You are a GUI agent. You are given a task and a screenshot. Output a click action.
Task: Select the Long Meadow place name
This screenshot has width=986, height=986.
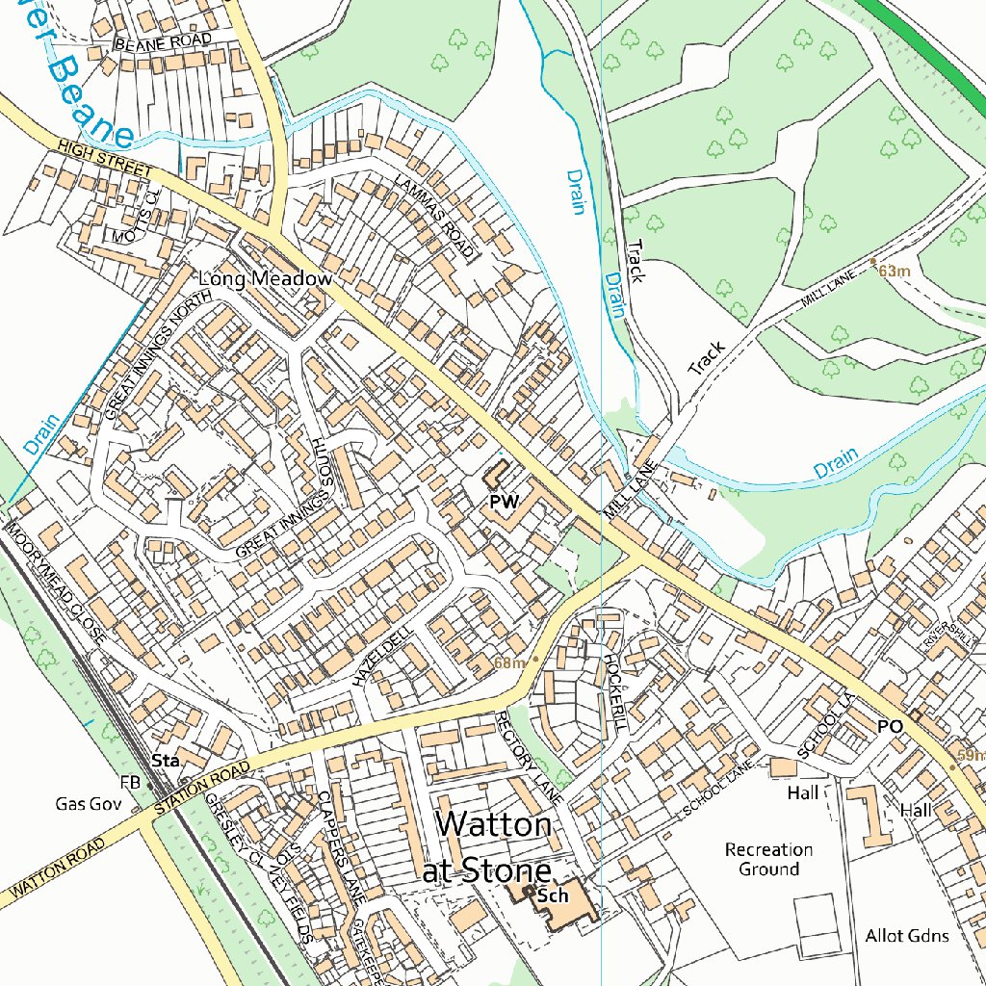(265, 278)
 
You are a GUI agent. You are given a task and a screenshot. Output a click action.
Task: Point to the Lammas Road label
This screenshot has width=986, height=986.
(434, 218)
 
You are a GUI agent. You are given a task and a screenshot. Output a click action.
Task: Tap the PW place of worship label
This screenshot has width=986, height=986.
(504, 502)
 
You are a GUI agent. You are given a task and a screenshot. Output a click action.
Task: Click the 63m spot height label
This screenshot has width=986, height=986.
(894, 272)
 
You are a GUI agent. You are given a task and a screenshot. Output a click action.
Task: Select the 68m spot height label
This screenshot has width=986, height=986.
(509, 662)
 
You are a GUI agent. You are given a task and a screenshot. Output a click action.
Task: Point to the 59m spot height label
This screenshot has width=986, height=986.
(971, 756)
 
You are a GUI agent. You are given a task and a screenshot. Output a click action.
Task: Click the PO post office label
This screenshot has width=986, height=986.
(890, 727)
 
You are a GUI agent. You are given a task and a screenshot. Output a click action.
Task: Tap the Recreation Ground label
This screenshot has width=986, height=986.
(768, 859)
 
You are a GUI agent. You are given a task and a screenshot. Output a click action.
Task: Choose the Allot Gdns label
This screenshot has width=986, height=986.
(906, 936)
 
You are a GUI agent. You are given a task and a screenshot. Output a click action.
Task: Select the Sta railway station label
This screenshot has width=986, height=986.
(168, 761)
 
